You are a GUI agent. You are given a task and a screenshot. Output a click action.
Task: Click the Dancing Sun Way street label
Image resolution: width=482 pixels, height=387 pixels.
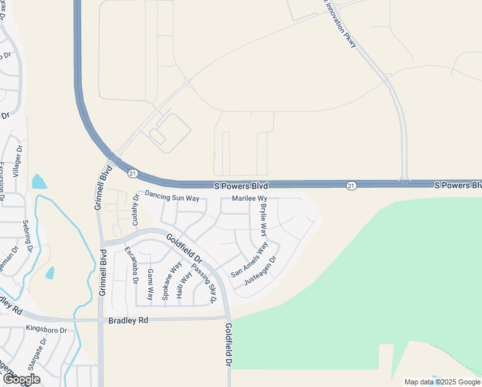tap(172, 196)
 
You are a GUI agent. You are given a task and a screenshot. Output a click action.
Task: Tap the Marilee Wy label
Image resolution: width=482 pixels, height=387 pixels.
tap(249, 199)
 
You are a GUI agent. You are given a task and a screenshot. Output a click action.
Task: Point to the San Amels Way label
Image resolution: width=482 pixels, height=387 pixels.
tap(249, 261)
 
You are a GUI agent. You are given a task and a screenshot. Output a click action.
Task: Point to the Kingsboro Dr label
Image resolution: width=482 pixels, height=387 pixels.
tap(46, 330)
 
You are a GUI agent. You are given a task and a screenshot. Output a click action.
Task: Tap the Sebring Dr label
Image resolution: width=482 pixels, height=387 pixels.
tap(28, 236)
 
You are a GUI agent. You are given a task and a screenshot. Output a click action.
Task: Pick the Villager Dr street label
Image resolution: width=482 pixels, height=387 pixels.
tap(17, 161)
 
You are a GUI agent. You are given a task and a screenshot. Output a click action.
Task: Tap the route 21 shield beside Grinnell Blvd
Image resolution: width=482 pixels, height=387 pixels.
tap(132, 173)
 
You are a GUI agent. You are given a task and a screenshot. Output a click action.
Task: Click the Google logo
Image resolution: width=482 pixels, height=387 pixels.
tap(21, 379)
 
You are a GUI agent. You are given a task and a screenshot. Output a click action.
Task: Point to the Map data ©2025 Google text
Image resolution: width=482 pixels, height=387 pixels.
tap(443, 382)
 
